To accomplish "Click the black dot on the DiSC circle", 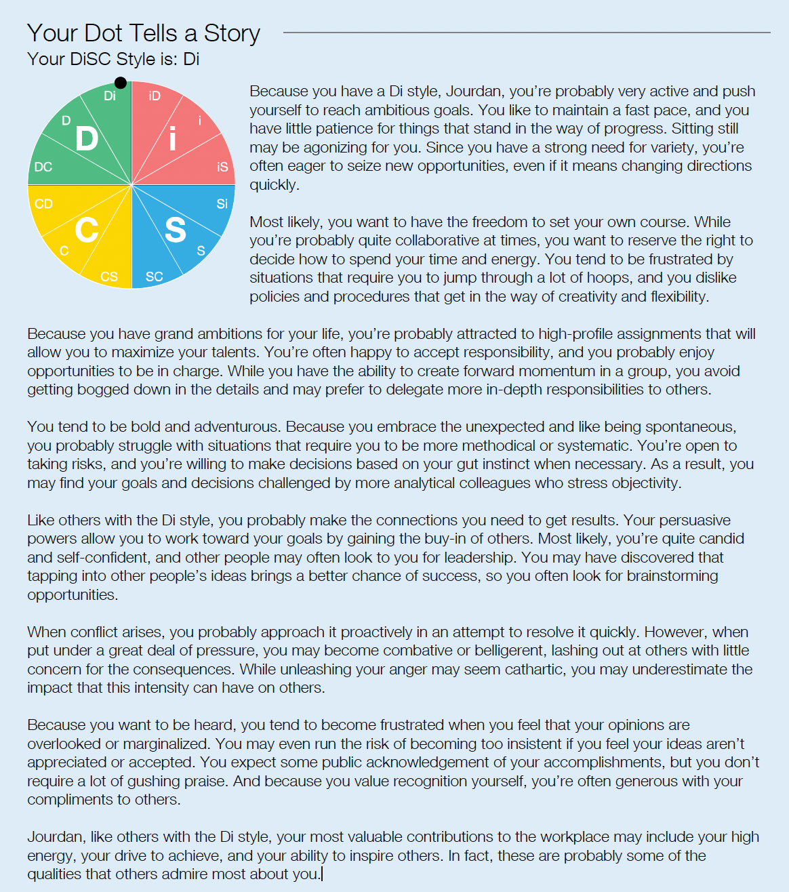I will click(121, 83).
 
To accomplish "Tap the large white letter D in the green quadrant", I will click(87, 139).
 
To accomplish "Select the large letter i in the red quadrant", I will click(173, 139).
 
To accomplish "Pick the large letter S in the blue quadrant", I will click(176, 230).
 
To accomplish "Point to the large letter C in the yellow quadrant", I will click(87, 230).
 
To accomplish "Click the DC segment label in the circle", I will click(43, 167).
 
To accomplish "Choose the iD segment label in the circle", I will click(155, 96).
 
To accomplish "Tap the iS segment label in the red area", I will click(222, 167).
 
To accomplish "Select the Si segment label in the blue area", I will click(222, 204).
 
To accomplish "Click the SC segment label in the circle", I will click(154, 277).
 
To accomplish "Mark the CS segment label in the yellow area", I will click(109, 277).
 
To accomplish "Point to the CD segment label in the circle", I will click(43, 204).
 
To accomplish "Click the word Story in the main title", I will click(232, 33).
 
